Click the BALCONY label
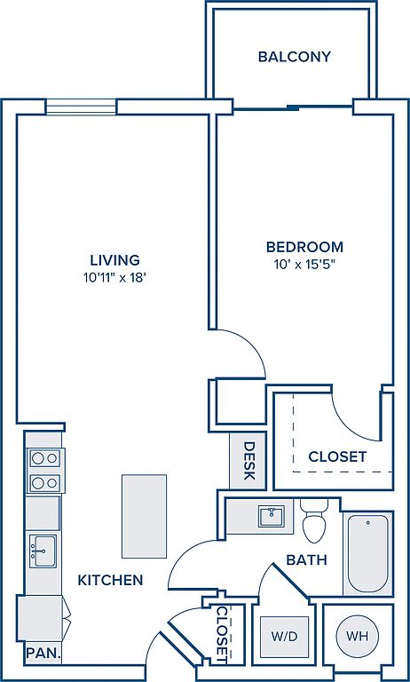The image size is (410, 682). tap(295, 57)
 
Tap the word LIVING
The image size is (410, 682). tap(115, 260)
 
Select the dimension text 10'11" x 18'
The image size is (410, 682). tap(114, 278)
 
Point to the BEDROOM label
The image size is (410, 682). tap(304, 247)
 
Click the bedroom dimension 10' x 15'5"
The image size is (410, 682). tap(306, 265)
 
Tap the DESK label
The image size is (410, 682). tap(248, 461)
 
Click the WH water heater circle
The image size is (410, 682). tap(358, 637)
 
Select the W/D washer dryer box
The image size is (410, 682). tap(284, 637)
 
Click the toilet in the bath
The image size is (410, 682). tap(315, 520)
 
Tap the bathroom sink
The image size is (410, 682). tap(272, 516)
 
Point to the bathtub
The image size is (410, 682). tap(368, 553)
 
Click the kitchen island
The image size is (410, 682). tap(144, 516)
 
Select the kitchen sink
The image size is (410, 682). tap(43, 551)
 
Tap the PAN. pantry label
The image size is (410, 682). tap(43, 653)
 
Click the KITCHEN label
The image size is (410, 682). tap(110, 580)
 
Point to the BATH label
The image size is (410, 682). tap(306, 559)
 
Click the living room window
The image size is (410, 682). tap(82, 107)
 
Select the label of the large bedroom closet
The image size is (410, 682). tap(337, 456)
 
